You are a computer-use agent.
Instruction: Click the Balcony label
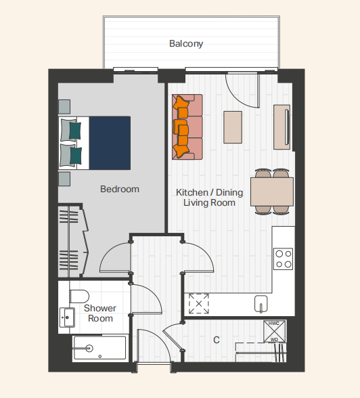(186, 43)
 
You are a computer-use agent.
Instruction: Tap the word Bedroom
(120, 189)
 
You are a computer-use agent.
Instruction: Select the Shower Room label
(100, 313)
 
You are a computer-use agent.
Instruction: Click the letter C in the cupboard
(217, 340)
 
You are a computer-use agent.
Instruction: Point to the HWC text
(274, 324)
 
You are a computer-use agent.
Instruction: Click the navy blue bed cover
(110, 143)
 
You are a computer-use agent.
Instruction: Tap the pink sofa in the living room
(187, 127)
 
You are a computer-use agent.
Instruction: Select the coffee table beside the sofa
(233, 127)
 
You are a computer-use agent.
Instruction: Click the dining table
(272, 192)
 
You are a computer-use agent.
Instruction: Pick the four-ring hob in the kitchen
(283, 259)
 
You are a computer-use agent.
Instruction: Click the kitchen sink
(261, 303)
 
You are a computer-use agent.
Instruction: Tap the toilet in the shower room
(79, 296)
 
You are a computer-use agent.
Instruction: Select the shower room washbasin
(67, 317)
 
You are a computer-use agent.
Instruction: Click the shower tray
(99, 348)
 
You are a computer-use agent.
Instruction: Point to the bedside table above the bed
(64, 107)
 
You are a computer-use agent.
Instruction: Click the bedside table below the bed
(64, 179)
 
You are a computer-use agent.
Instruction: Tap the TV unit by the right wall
(282, 127)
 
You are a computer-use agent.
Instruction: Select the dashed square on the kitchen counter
(199, 303)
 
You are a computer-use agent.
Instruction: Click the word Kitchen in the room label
(192, 192)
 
